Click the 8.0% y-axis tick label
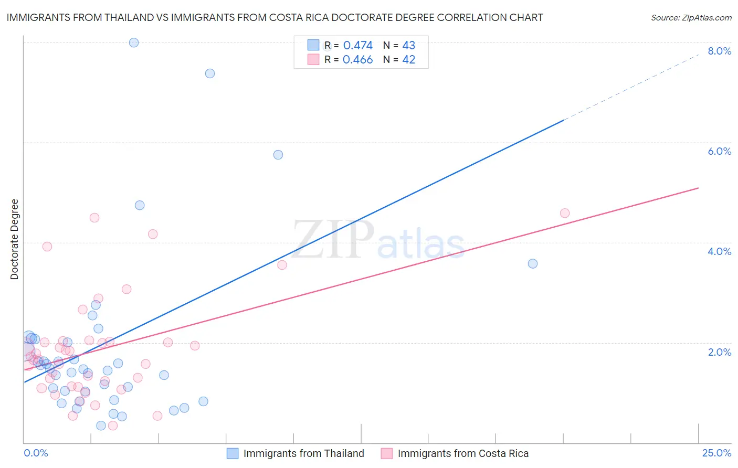coord(719,51)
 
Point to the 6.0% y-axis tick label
coord(719,151)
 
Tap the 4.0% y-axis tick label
coord(719,251)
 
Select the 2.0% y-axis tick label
coord(719,352)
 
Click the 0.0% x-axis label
coord(36,453)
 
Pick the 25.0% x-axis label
coord(716,453)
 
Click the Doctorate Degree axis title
coord(14,239)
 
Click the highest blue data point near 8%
coord(134,42)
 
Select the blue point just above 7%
coord(210,73)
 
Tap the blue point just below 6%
coord(278,155)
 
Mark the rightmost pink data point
coord(565,213)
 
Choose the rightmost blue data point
coord(533,263)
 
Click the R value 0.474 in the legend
coord(357,46)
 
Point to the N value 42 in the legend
coord(408,60)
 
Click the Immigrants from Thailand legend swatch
coord(233,453)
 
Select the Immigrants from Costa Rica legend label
coord(463,453)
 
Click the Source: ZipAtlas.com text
coord(691,18)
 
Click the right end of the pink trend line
coord(698,188)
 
